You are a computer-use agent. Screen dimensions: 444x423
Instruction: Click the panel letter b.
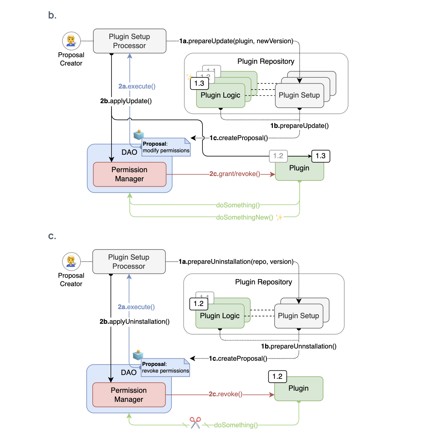coord(52,15)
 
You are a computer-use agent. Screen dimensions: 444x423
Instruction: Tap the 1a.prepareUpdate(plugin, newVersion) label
coord(236,41)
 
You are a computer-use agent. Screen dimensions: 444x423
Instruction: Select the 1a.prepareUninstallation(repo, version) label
coord(236,262)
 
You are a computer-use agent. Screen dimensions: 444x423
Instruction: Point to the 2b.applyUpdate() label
coord(126,101)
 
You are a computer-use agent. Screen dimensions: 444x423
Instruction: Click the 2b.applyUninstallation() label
coord(134,322)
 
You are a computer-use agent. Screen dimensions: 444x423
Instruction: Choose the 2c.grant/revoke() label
coord(234,174)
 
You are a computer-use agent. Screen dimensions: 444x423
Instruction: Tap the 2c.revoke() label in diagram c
coord(225,394)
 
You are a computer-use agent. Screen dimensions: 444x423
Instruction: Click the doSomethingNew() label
coord(244,217)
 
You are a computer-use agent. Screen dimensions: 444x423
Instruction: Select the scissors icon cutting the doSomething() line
coord(195,423)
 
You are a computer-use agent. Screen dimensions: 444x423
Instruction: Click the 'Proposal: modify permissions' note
coord(166,147)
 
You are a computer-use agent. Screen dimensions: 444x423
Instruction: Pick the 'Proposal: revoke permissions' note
coord(165,368)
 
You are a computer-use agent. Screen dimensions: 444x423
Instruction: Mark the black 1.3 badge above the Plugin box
coord(321,156)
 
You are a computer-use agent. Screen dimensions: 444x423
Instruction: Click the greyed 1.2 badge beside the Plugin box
coord(278,156)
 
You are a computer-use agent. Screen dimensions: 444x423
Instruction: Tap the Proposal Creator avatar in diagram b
coord(71,41)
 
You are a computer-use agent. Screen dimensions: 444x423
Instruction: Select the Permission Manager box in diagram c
coord(129,395)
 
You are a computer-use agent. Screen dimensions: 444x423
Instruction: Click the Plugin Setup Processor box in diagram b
coord(130,41)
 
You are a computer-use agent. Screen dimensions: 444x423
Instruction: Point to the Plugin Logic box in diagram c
coord(220,316)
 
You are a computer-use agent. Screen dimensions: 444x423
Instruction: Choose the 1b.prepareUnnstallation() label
coord(299,346)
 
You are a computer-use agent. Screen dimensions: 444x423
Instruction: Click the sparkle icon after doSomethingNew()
coord(279,217)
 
